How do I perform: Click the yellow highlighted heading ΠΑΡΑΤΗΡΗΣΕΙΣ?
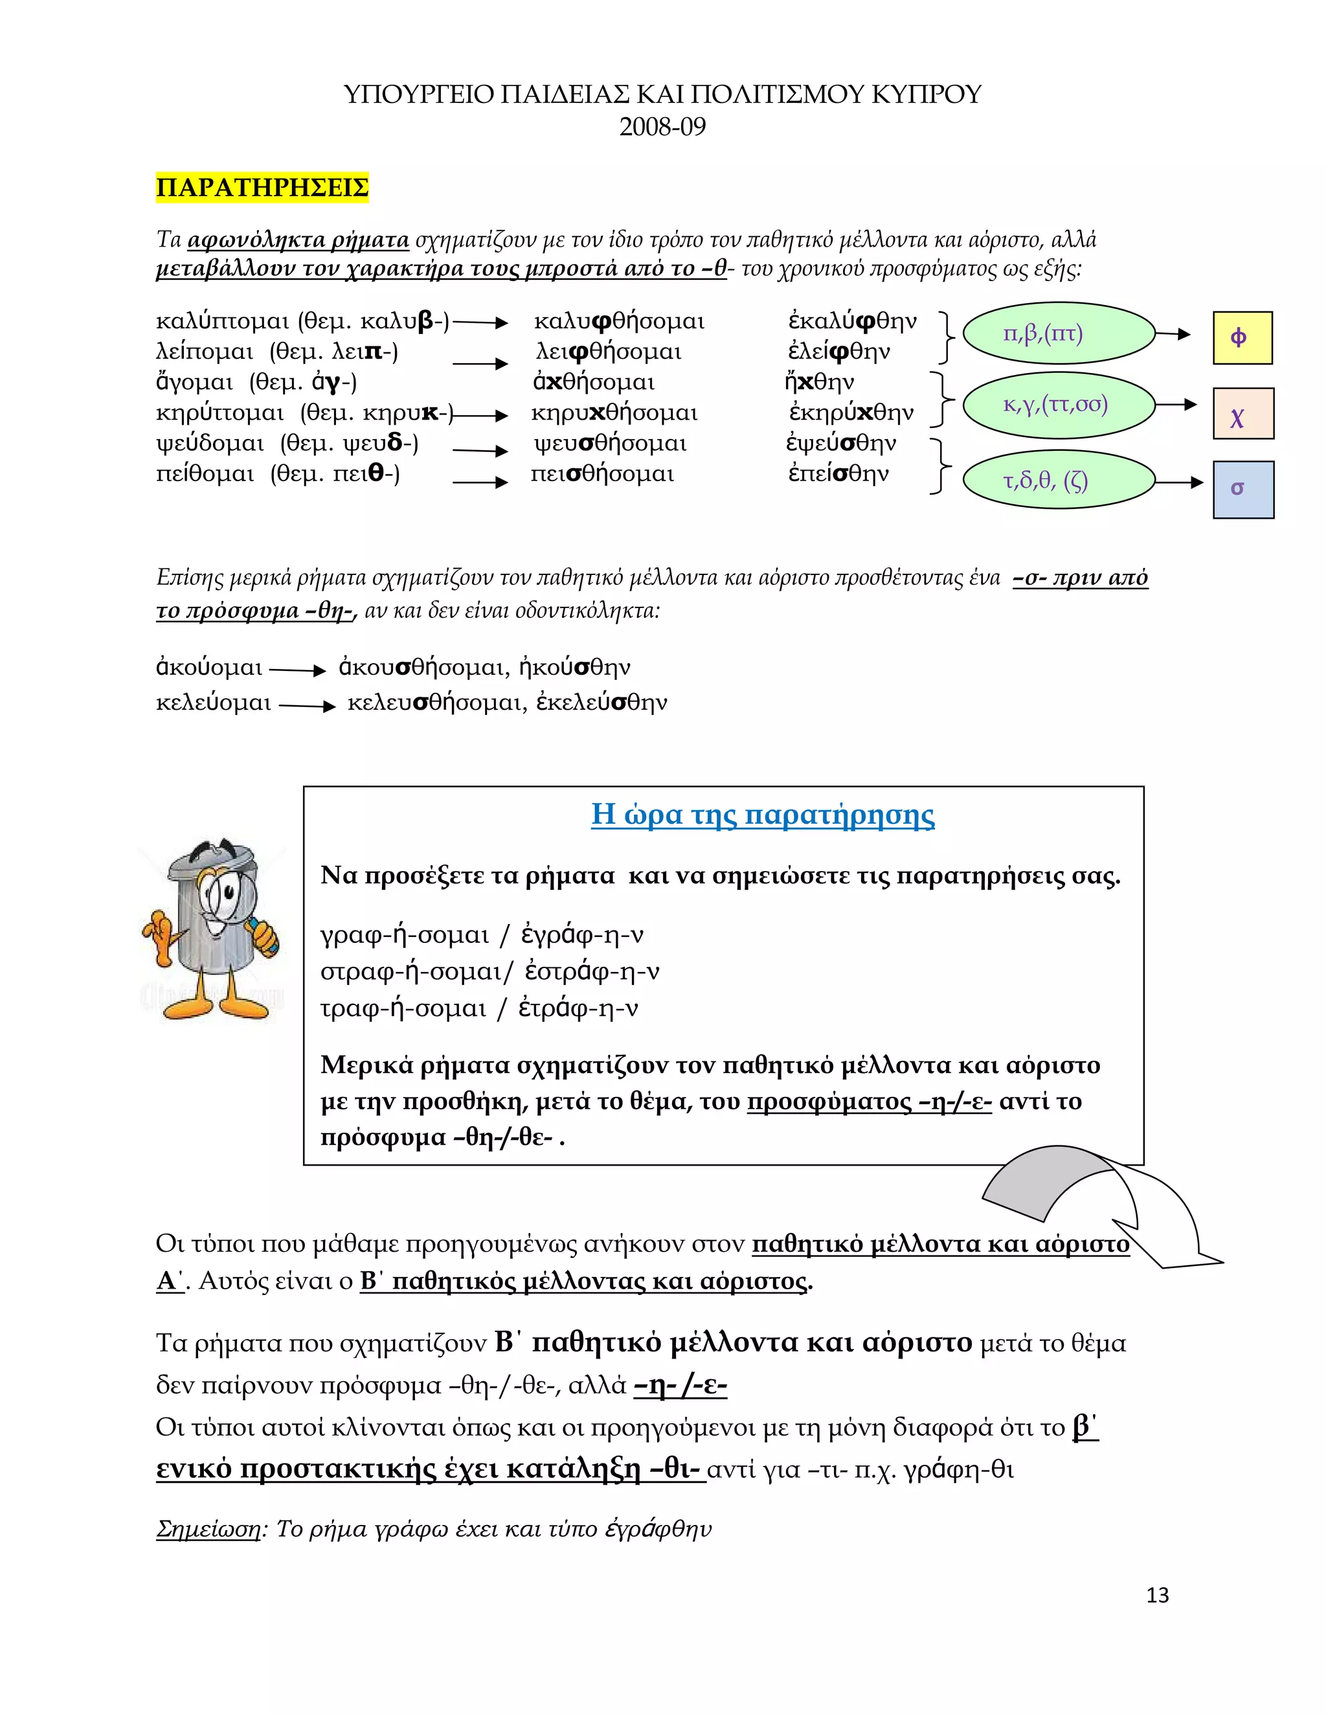(x=262, y=188)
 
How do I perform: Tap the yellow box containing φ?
(x=1242, y=337)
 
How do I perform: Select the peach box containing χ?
(x=1242, y=413)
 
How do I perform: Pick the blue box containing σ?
(x=1242, y=490)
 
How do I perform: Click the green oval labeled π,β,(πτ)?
(x=1058, y=334)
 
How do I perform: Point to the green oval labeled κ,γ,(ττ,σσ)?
(x=1058, y=405)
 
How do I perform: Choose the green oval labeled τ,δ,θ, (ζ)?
(x=1058, y=481)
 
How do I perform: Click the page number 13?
(x=1157, y=1595)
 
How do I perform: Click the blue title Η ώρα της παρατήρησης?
(x=762, y=814)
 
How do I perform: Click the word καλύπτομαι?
(x=223, y=321)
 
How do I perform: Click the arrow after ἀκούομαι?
(x=297, y=670)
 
